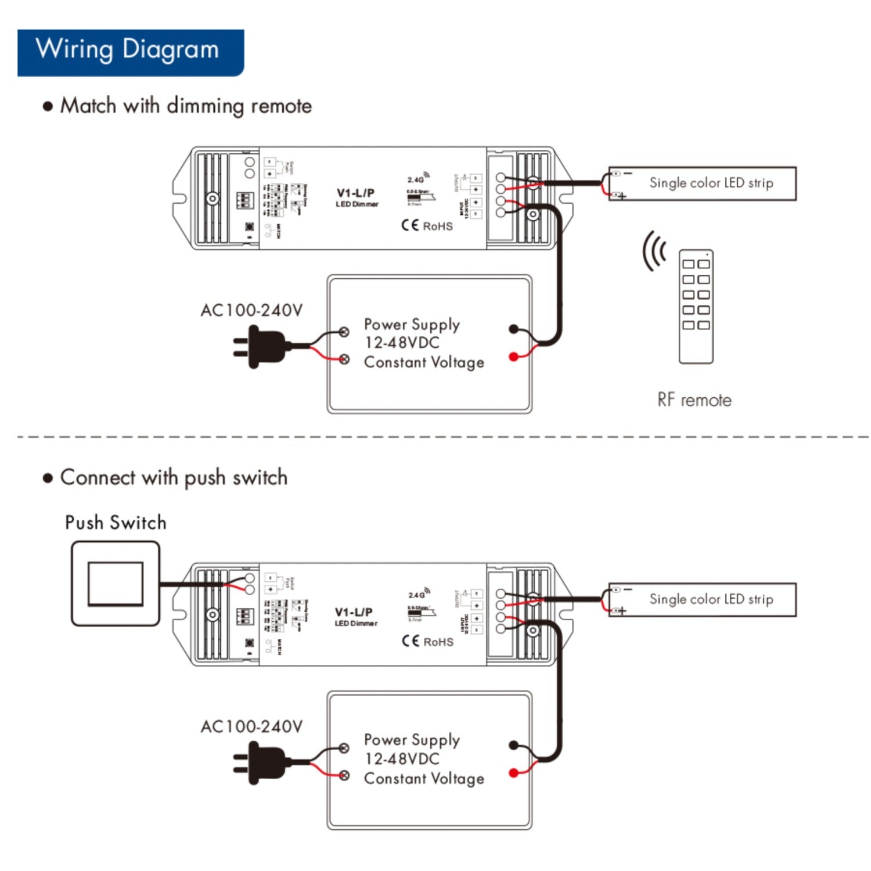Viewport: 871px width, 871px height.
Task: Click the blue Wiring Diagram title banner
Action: click(130, 52)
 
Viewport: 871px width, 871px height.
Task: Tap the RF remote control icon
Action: click(696, 307)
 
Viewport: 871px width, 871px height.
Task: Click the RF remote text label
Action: click(694, 400)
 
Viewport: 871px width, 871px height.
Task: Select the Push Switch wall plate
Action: click(115, 584)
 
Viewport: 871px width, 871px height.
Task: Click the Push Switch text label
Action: click(116, 523)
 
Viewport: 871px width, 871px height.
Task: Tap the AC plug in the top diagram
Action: click(261, 347)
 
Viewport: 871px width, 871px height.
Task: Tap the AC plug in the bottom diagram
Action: click(261, 763)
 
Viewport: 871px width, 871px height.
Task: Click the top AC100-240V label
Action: click(251, 311)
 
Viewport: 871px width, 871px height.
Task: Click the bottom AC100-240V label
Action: click(251, 727)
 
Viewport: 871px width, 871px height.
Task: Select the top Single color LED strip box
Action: click(703, 183)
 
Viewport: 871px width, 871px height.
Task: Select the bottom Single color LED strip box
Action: click(703, 600)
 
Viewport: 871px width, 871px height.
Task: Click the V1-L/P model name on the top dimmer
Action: click(355, 193)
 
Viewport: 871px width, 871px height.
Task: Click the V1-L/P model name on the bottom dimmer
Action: click(354, 612)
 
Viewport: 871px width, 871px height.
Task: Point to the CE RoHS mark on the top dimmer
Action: click(427, 226)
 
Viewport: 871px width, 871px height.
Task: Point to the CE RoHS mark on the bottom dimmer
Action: click(427, 642)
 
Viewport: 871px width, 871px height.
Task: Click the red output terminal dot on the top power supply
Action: click(513, 357)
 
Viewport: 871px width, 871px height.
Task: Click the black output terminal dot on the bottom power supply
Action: click(513, 745)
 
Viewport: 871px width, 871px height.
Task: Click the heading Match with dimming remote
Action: click(186, 106)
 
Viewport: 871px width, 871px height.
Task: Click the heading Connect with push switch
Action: click(174, 478)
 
